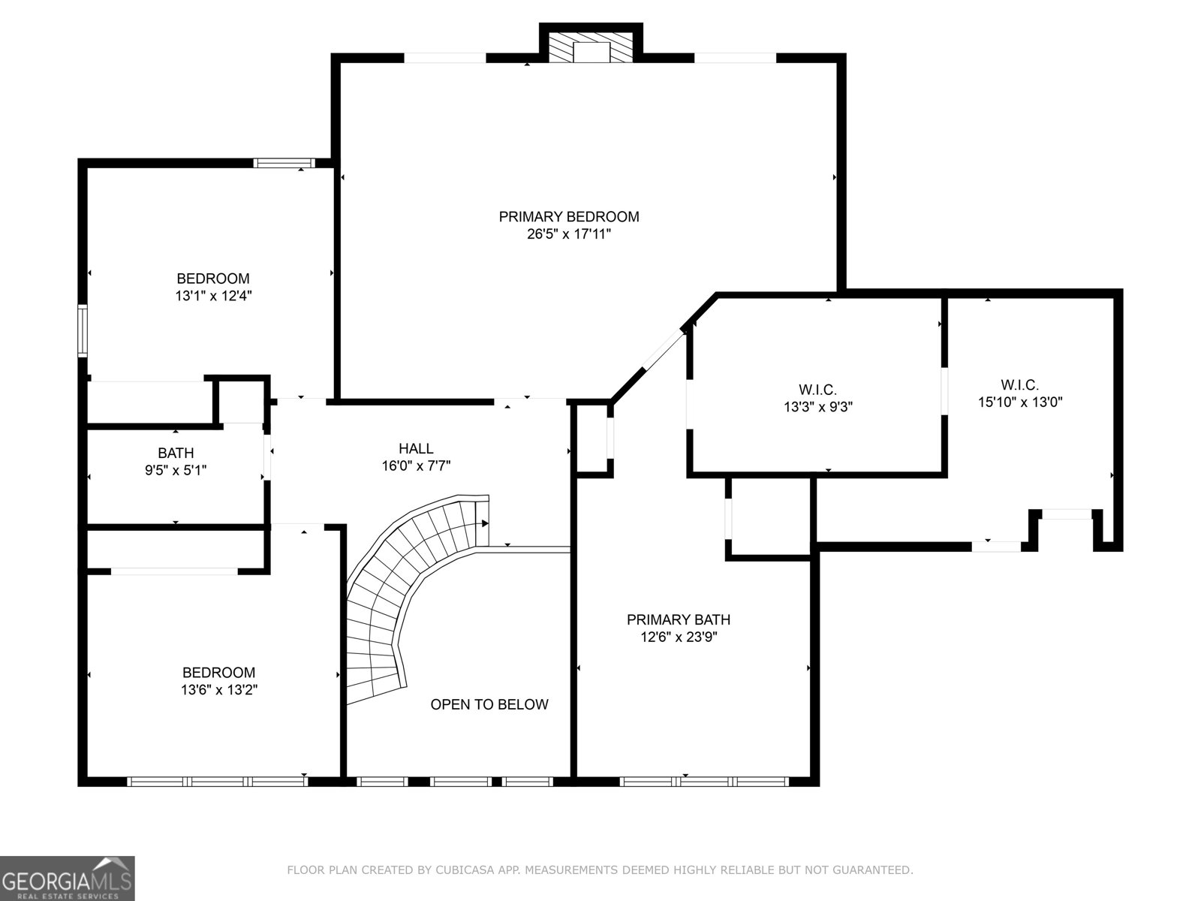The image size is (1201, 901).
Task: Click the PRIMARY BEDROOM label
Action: pos(569,217)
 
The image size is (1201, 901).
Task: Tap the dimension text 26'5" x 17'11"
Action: pos(569,234)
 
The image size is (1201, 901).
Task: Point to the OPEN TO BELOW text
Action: pos(489,704)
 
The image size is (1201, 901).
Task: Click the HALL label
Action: pos(416,448)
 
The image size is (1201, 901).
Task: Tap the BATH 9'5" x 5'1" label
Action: pos(176,461)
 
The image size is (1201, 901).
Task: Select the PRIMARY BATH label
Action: pos(679,619)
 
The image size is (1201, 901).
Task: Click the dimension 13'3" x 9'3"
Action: pos(818,407)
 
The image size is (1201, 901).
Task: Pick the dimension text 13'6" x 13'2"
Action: pos(219,689)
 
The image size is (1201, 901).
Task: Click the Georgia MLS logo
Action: pos(67,878)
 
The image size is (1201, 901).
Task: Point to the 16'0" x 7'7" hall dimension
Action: pos(416,466)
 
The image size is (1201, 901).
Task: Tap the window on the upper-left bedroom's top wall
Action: pos(284,163)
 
